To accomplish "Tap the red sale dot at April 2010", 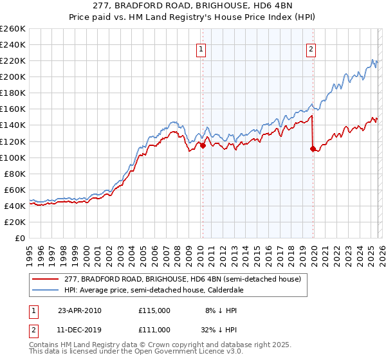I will point(203,145).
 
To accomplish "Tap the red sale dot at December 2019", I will point(313,148).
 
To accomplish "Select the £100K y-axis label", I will point(13,157).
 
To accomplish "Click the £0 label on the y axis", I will point(21,238).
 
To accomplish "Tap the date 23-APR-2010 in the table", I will point(79,310).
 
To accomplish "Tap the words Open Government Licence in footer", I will point(145,353).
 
